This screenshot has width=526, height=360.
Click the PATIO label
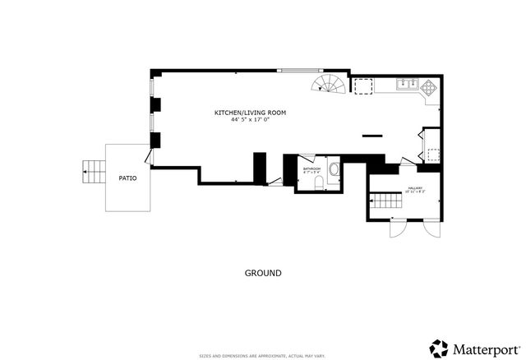point(127,177)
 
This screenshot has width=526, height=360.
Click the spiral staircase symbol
point(330,84)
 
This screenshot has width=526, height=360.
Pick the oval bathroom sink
point(334,169)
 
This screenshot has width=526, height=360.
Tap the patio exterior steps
point(93,173)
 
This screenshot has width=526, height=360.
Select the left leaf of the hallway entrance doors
point(396,228)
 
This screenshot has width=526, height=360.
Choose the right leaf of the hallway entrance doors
point(432,228)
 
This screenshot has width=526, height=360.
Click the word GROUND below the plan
point(263,273)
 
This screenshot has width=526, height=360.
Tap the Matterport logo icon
point(440,347)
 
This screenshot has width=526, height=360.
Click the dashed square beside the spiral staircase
point(362,85)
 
